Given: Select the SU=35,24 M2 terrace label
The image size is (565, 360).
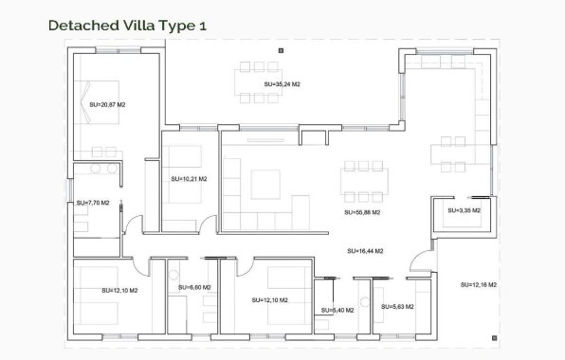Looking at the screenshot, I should [x=282, y=85].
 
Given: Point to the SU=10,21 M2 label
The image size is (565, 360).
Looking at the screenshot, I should [x=189, y=178].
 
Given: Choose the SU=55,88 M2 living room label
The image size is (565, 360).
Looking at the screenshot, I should [x=362, y=212].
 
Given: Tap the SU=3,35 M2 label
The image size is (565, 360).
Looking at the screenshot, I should [x=464, y=210].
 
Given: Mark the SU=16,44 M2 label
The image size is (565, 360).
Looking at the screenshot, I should [x=365, y=251].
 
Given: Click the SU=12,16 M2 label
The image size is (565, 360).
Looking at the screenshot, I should [x=480, y=284].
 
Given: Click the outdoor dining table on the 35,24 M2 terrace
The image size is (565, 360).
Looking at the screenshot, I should [x=258, y=69].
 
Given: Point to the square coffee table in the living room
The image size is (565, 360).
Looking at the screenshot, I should [x=265, y=182].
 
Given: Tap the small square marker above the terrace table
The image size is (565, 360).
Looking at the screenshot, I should [x=282, y=48].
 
